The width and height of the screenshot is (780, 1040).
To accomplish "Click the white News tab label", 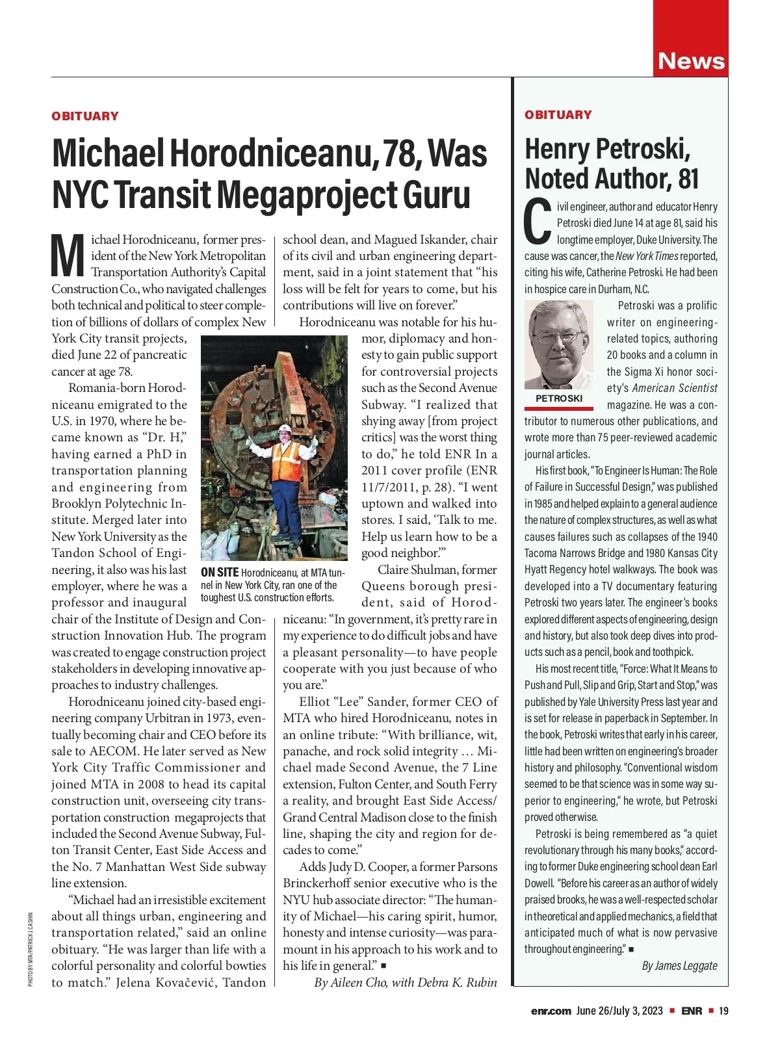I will pos(691,61).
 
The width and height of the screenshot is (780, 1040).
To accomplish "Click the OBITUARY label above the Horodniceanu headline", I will pos(85,116).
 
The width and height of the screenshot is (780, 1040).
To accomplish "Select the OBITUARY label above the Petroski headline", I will pos(558,115).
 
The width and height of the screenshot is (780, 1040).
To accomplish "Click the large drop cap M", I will pos(68,255).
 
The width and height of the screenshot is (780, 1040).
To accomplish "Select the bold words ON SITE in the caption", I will pos(220,573).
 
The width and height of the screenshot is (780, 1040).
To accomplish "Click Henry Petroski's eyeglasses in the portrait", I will pos(560,337).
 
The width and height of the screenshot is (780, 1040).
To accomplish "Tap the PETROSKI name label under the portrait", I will pos(559,398).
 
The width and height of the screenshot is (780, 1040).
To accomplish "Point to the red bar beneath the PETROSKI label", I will pos(559,408).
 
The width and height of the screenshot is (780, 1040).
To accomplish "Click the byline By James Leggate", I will pos(679,965).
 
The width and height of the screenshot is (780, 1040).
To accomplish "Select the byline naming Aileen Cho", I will pos(405,982).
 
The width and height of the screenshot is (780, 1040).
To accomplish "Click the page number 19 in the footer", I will pos(723,1011).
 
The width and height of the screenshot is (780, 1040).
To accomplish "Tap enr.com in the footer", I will pos(551,1011).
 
